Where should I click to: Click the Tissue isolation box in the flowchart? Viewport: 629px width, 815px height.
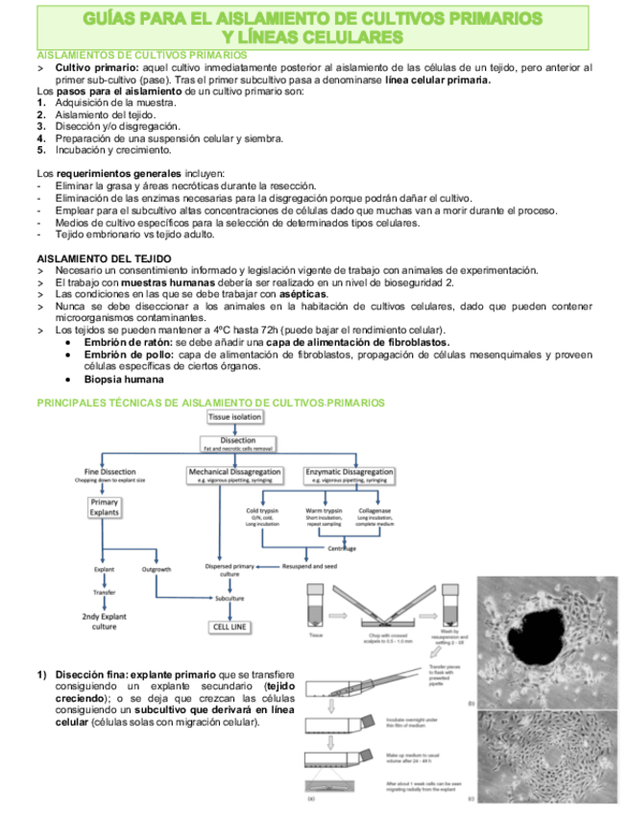[233, 418]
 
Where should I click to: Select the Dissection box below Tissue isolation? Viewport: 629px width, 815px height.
[236, 444]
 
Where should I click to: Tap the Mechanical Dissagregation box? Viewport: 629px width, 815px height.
[234, 474]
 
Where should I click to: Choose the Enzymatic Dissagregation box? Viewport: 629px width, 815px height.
[349, 474]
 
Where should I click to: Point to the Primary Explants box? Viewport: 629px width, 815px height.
[104, 507]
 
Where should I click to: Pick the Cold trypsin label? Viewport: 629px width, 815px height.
[262, 511]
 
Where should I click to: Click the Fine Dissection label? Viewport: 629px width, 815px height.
[109, 473]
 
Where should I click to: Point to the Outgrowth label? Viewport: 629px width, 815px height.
[157, 569]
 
